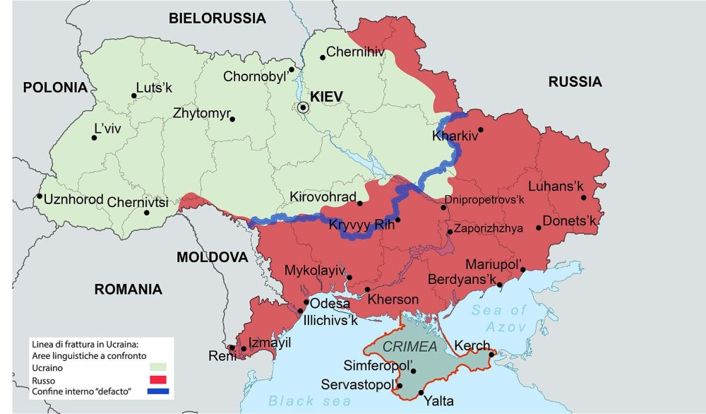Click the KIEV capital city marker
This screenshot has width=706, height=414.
[304, 107]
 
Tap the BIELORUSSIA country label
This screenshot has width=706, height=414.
[217, 18]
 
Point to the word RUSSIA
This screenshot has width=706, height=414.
[575, 82]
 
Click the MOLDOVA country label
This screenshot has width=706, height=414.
[212, 257]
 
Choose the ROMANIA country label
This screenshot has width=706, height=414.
[128, 289]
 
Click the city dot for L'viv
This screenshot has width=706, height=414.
[94, 138]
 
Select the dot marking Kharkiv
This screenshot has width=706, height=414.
[481, 130]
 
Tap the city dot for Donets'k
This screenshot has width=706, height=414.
[539, 227]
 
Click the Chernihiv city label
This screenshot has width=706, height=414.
[356, 52]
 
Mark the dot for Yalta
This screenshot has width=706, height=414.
[421, 393]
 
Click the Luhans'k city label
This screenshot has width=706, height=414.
[557, 186]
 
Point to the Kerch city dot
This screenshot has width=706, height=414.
[491, 355]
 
